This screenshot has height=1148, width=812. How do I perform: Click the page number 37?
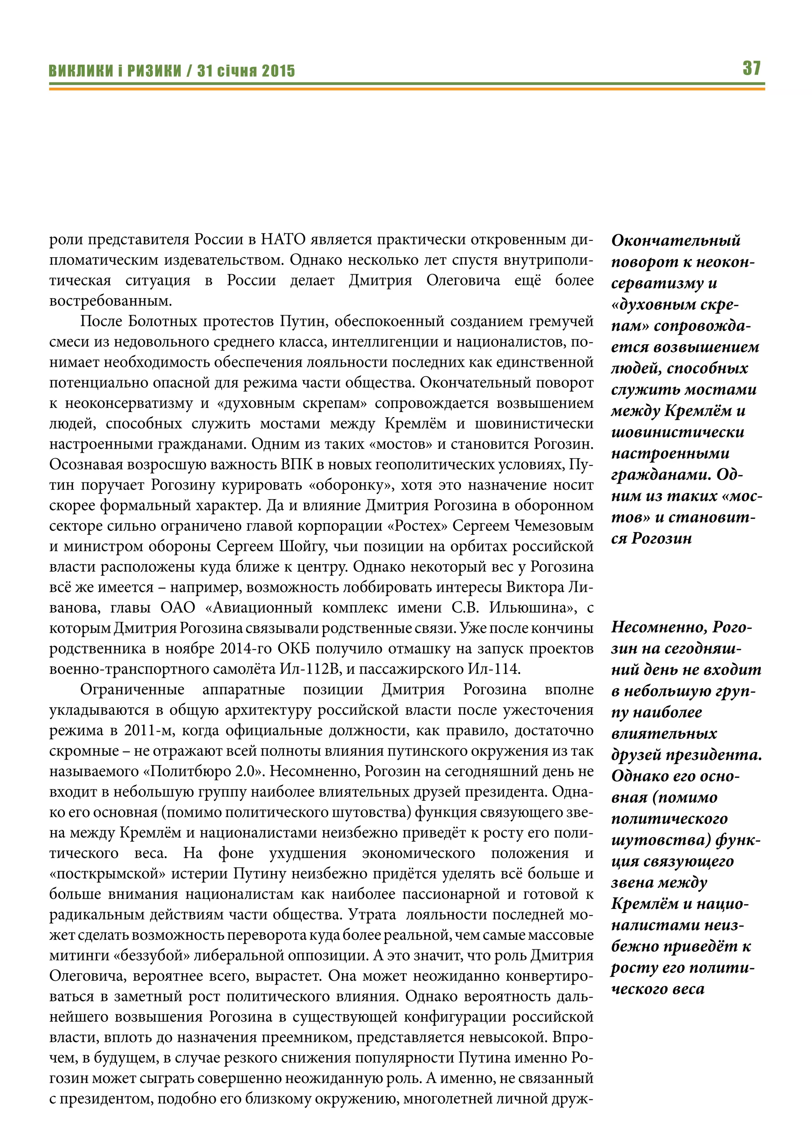[751, 68]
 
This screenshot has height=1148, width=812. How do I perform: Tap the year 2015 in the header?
[278, 71]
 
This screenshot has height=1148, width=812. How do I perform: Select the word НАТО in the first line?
[283, 239]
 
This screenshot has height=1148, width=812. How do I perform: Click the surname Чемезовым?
[554, 526]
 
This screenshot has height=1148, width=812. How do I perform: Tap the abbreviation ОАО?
[178, 608]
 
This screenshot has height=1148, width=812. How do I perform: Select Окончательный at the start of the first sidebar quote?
[676, 241]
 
